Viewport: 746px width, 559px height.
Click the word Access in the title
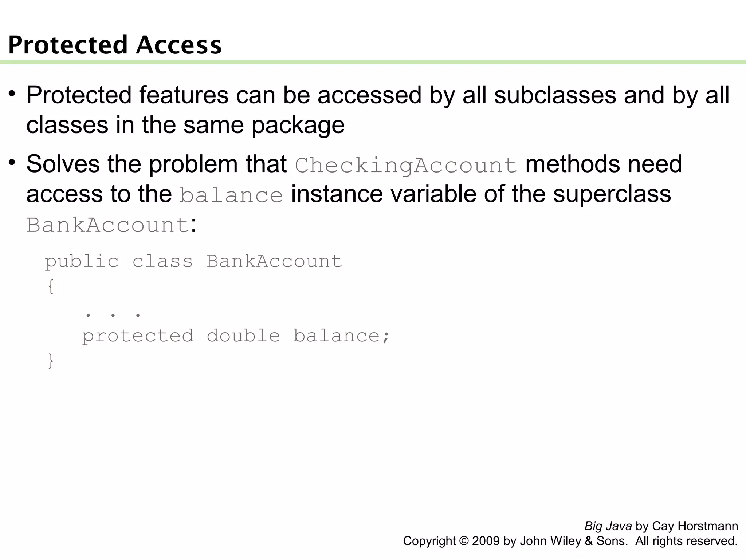coord(179,45)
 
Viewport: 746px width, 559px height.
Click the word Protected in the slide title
coord(68,45)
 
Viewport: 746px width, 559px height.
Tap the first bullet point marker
coord(12,94)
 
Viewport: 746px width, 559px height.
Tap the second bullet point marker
coord(12,162)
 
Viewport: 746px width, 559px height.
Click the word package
coord(298,126)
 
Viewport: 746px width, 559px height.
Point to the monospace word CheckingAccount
coord(406,165)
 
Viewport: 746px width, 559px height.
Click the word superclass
coord(612,194)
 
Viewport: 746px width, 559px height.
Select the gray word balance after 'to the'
coord(231,195)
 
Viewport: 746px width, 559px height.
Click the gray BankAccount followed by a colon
coord(107,225)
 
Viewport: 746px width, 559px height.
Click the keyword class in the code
coord(162,261)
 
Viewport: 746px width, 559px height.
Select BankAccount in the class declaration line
coord(274,261)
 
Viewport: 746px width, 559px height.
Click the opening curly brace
coord(51,286)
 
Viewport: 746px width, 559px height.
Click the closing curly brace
coord(51,361)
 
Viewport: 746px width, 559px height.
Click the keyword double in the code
coord(243,336)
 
